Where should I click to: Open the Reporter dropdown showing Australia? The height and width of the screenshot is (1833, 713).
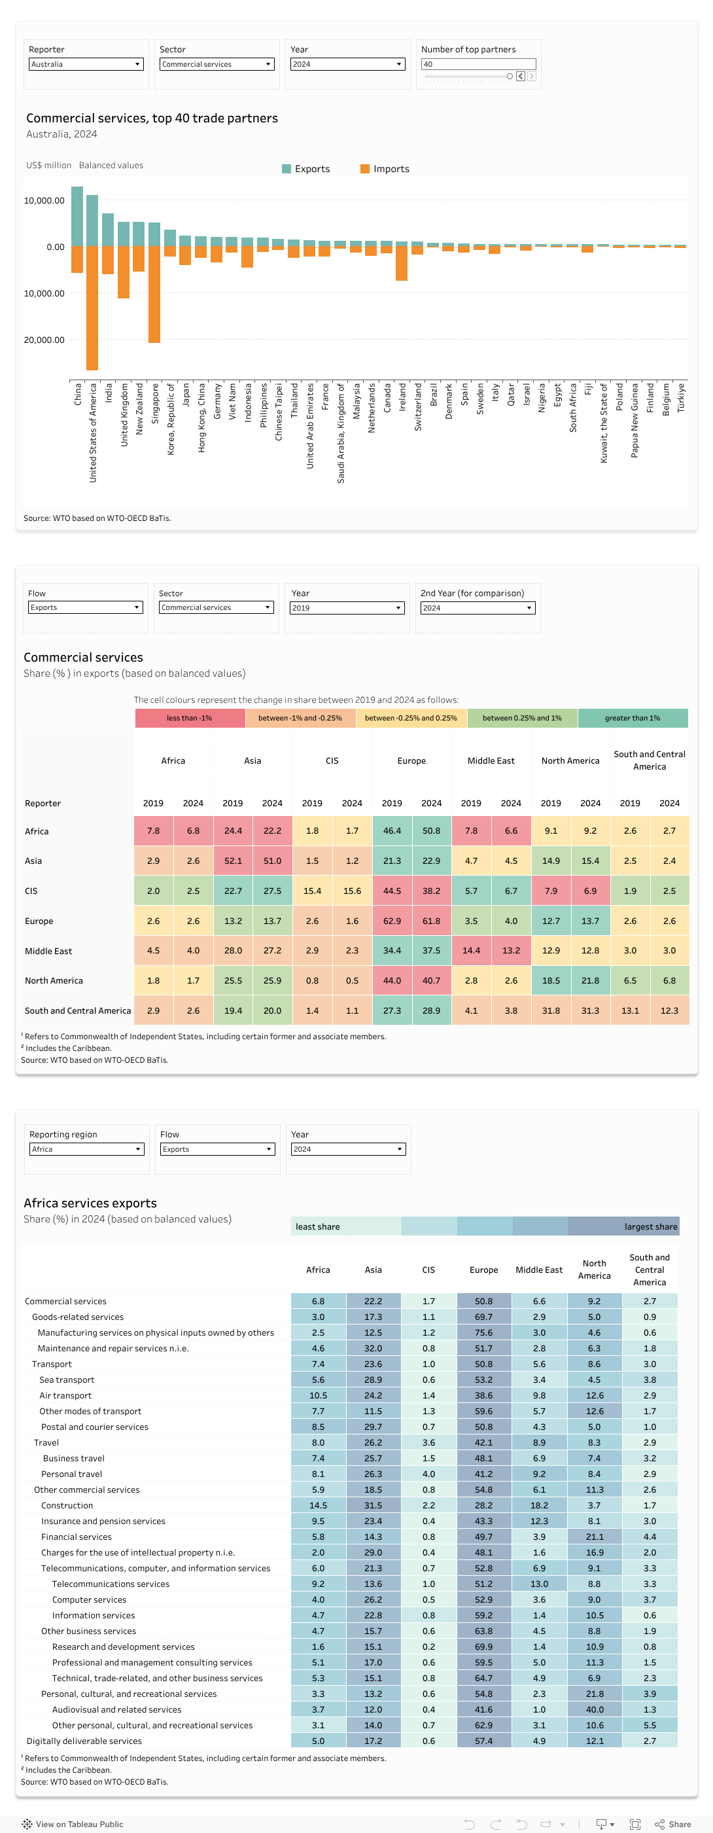tap(86, 64)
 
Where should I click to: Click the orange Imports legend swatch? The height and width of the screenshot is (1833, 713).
tap(364, 169)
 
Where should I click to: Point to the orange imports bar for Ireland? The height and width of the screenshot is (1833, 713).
tap(402, 262)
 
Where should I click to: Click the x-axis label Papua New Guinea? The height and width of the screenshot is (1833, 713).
tap(634, 420)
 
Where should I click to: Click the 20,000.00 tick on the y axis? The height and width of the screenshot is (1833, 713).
tap(44, 340)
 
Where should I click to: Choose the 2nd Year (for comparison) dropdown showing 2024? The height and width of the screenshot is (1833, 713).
tap(477, 608)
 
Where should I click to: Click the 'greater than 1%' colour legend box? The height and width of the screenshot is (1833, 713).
tap(632, 718)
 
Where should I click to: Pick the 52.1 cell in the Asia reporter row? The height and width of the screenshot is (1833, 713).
tap(233, 861)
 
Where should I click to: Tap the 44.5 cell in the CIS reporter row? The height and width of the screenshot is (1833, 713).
tap(391, 890)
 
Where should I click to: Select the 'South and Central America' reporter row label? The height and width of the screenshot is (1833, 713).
tap(78, 1010)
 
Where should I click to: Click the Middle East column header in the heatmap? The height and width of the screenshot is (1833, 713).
tap(491, 760)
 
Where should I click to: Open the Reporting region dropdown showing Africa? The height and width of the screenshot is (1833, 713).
tap(86, 1148)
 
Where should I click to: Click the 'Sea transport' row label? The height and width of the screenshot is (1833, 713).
tap(67, 1379)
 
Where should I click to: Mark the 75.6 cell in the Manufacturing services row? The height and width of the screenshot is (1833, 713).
tap(483, 1333)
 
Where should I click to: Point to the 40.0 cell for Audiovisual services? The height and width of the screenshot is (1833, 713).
tap(594, 1709)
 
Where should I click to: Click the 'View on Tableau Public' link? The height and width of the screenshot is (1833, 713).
tap(78, 1824)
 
